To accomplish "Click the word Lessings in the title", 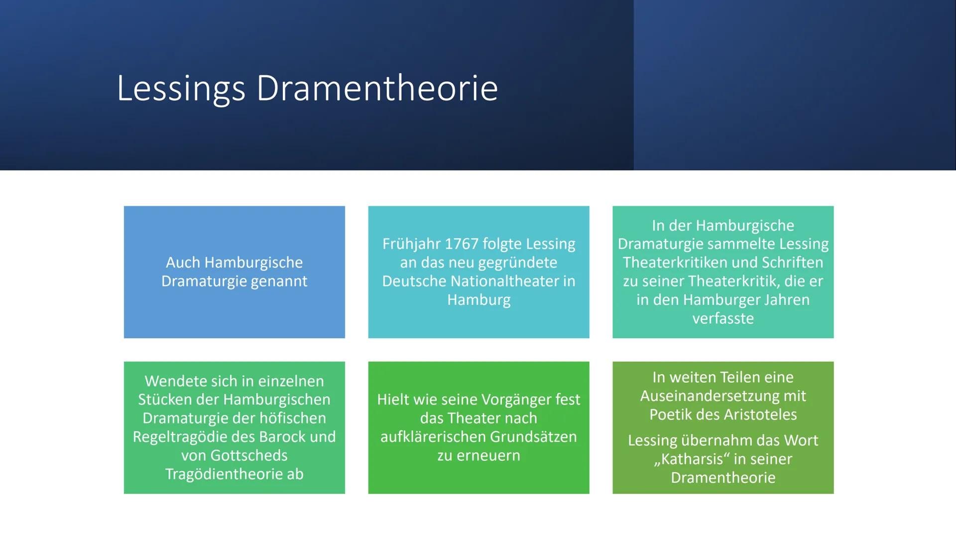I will [181, 89].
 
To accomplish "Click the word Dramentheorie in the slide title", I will [377, 89].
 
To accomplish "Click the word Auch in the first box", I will [183, 263].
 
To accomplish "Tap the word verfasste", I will [723, 318].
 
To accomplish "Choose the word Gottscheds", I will [249, 455].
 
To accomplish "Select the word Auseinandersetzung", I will [723, 396].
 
